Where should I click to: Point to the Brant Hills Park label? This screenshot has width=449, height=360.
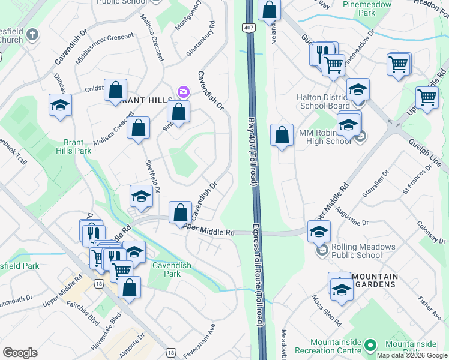coord(77,146)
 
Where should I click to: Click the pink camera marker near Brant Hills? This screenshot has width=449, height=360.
coord(182,92)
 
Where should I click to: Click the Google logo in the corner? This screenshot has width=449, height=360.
coord(20,353)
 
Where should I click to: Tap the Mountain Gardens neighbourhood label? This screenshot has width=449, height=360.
coord(375,280)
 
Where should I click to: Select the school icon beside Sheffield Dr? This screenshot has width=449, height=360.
coord(142,196)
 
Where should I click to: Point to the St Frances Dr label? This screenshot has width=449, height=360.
coord(418,179)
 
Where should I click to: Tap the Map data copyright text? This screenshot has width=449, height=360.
coord(412,355)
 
